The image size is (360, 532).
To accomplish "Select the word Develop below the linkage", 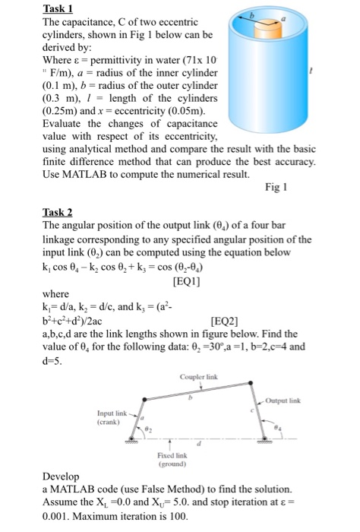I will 64,475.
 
